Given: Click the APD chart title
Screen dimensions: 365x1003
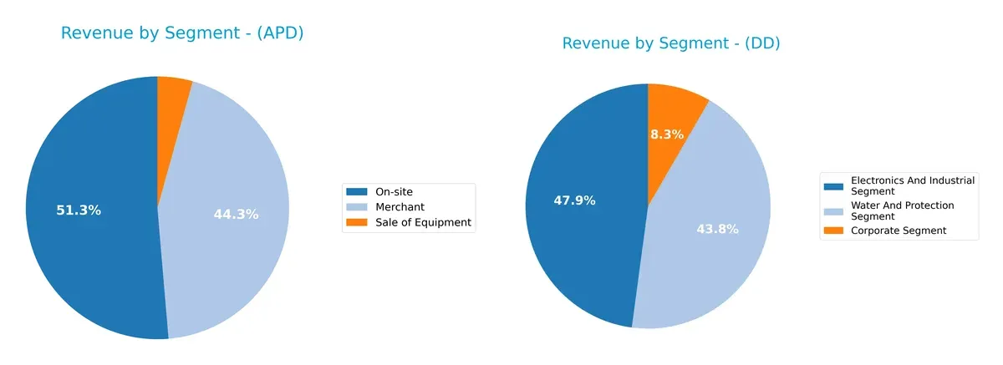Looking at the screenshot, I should coord(181,33).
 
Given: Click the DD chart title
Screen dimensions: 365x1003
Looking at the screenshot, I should coord(670,43).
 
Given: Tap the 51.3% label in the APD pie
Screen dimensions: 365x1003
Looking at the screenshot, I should coord(79,210).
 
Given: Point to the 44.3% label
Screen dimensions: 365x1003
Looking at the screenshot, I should coord(236,214).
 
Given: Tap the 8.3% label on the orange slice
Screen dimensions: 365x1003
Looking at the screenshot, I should coord(667,134).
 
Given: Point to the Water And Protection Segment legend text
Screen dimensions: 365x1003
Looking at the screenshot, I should coord(902,210).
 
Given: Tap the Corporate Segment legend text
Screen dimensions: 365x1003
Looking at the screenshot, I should coord(899,231).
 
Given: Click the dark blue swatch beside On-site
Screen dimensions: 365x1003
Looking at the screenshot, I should coord(357,192).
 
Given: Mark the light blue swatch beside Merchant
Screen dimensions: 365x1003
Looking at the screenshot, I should coord(357,207).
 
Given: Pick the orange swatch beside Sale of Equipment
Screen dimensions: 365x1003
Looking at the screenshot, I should coord(357,222).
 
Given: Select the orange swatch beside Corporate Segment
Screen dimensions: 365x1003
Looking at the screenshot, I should coord(833,231).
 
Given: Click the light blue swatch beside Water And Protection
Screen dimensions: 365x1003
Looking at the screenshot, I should coord(833,210).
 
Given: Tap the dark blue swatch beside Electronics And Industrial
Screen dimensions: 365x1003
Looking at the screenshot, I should coord(833,185).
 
